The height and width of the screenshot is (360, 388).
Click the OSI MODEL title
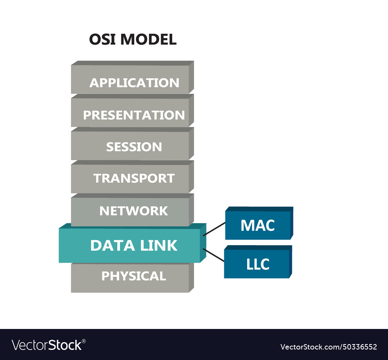click(x=133, y=40)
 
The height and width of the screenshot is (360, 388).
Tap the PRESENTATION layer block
click(x=132, y=113)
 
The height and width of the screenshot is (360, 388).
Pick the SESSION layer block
click(x=132, y=146)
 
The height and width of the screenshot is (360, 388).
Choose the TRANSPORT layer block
click(x=132, y=178)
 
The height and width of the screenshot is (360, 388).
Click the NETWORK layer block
click(x=132, y=211)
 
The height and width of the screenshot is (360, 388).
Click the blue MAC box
click(x=258, y=225)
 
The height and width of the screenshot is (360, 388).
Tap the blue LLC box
click(x=257, y=264)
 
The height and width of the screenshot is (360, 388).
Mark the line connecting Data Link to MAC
click(x=214, y=229)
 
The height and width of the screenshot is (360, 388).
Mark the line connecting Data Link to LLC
click(x=213, y=255)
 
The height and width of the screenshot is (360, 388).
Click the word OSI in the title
click(x=102, y=40)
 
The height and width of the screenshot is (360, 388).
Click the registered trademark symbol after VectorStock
click(x=84, y=341)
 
